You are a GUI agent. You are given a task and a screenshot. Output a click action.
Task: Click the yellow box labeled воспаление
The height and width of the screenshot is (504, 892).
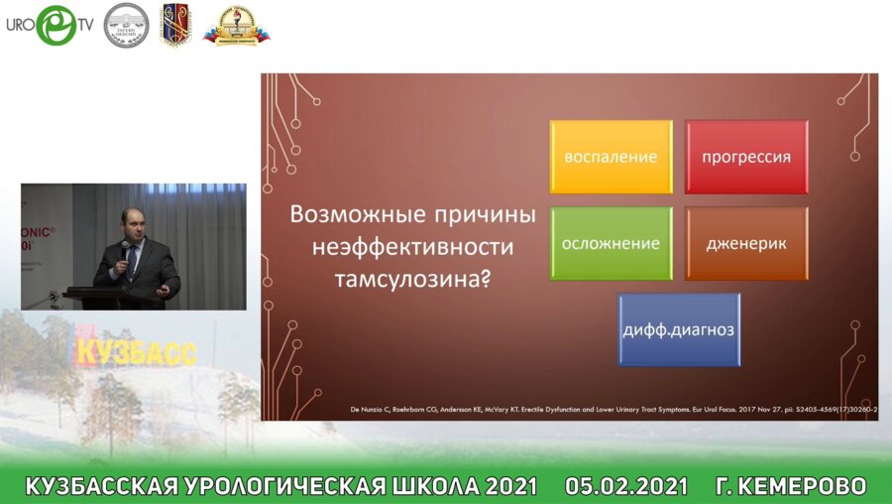[x=611, y=157]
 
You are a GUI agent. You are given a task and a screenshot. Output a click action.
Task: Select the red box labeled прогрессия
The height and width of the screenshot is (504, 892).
[x=745, y=157]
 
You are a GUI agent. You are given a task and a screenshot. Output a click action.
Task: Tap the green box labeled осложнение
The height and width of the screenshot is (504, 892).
[x=611, y=243]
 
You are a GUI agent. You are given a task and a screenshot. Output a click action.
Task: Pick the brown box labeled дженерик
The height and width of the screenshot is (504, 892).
[x=745, y=243]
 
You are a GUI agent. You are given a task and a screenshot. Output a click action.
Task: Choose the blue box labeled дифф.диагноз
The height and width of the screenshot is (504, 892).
[x=679, y=329]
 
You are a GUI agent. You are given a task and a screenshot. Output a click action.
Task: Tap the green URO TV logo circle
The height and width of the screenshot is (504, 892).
[x=56, y=26]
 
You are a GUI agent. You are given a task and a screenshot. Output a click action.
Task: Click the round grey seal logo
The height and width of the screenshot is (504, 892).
[x=126, y=25]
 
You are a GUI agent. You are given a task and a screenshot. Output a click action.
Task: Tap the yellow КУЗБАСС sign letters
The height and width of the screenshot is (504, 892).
[x=136, y=350]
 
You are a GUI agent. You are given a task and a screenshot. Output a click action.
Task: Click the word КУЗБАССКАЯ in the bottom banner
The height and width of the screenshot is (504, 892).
[x=100, y=486]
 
